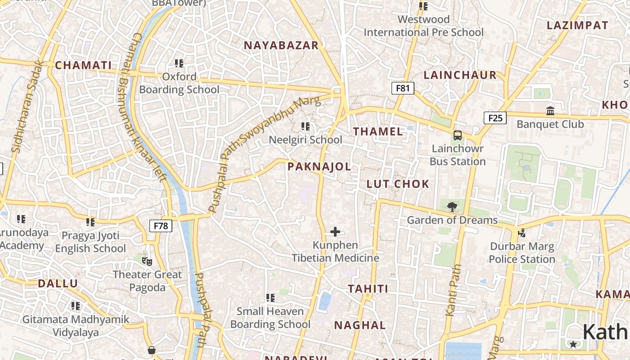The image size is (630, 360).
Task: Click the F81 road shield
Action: click(402, 88)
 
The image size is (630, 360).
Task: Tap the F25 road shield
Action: click(495, 118)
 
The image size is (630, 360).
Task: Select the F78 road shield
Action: click(161, 225)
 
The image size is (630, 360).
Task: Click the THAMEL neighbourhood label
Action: click(378, 131)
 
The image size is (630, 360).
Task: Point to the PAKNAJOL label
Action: click(319, 166)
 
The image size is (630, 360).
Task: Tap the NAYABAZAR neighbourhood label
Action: click(281, 45)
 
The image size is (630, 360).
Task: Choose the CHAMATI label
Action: click(83, 65)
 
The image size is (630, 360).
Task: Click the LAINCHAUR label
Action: click(460, 75)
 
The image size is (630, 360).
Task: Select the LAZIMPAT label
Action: click(577, 26)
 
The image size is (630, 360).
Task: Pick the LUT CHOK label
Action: click(398, 184)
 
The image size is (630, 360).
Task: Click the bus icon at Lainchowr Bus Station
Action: click(457, 135)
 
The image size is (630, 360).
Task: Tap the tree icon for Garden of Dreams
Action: click(452, 207)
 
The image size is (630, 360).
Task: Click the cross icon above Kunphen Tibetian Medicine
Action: click(335, 232)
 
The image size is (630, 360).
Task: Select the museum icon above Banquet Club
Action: click(550, 111)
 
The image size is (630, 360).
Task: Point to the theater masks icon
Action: click(147, 261)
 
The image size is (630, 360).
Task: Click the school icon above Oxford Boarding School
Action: click(179, 63)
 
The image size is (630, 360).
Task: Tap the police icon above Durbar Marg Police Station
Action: click(522, 233)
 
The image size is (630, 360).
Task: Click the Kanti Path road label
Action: click(454, 290)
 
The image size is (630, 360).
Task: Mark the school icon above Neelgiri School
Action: click(306, 126)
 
